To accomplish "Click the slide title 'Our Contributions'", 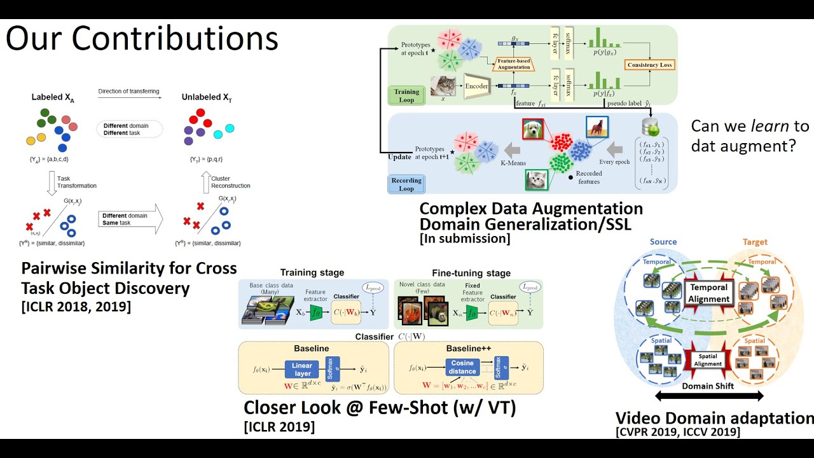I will click(142, 39).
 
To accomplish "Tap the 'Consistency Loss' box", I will click(649, 65).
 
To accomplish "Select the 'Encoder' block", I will click(476, 86).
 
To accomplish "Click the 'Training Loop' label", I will click(406, 96).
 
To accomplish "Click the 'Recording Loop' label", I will click(406, 184).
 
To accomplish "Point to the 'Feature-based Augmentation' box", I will click(514, 64).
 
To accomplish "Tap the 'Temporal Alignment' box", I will click(708, 293).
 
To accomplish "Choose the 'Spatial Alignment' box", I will click(708, 360).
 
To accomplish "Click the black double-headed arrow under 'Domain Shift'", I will click(708, 396).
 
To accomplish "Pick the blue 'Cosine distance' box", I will click(462, 367).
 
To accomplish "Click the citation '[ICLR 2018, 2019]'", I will click(76, 307).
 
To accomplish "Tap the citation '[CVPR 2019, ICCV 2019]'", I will click(678, 433).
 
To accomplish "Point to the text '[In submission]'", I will click(465, 239).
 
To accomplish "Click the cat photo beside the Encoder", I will click(443, 87).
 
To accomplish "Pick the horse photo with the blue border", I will click(597, 127).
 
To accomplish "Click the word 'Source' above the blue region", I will click(663, 242).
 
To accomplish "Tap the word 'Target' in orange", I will click(755, 242).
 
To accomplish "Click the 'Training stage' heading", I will click(312, 273).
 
